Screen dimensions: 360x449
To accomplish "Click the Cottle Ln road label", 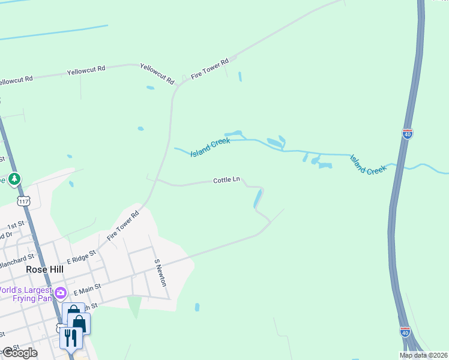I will tap(226, 179).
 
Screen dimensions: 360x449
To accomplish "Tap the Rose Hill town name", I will tap(44, 269).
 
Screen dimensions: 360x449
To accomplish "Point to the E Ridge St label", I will tap(81, 257).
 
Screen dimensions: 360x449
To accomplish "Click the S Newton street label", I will tap(159, 273).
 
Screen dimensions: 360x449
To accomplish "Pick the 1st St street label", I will tap(14, 226).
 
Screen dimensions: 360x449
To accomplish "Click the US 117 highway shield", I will tap(23, 200).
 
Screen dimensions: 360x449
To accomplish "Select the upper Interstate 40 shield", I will tap(408, 133).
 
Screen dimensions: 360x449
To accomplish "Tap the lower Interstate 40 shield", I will tap(406, 331).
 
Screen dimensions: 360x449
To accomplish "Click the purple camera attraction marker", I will tap(60, 293).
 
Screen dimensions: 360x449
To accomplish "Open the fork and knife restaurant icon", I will tap(71, 338).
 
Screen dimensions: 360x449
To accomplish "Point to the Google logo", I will tap(19, 353).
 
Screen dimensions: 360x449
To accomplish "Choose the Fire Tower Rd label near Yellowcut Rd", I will tap(210, 69).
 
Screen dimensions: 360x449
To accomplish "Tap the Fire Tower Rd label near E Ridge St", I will tap(123, 225).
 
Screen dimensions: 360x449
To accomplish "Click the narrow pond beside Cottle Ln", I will tap(258, 197).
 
